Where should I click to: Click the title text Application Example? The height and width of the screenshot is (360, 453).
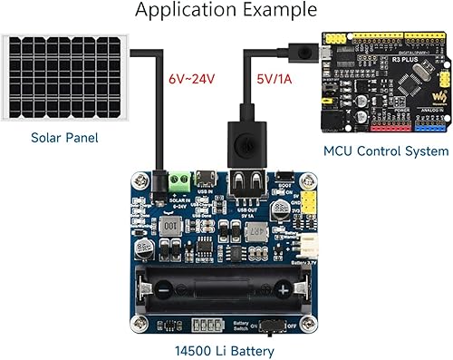[x=226, y=12]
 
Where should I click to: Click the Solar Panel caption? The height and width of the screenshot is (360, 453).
[x=63, y=138]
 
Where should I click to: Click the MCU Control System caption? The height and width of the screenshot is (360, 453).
[x=386, y=151]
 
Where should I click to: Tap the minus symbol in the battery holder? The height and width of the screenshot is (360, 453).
[x=163, y=289]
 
